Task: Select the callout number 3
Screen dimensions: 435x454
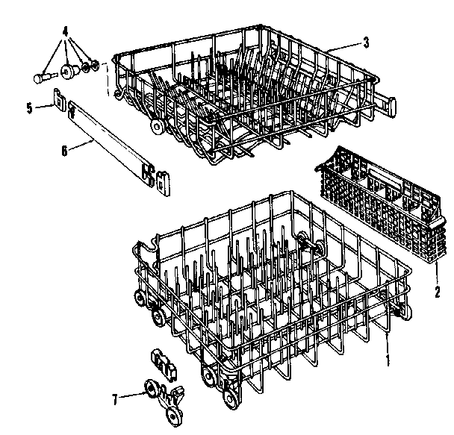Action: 365,43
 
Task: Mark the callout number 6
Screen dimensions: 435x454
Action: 64,150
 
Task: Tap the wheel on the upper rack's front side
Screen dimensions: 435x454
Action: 157,128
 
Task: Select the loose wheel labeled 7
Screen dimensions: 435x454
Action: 154,390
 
